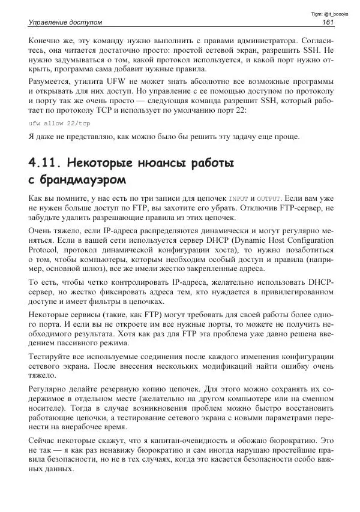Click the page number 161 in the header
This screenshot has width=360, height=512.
pyautogui.click(x=328, y=23)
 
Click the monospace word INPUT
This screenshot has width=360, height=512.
pyautogui.click(x=238, y=198)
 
